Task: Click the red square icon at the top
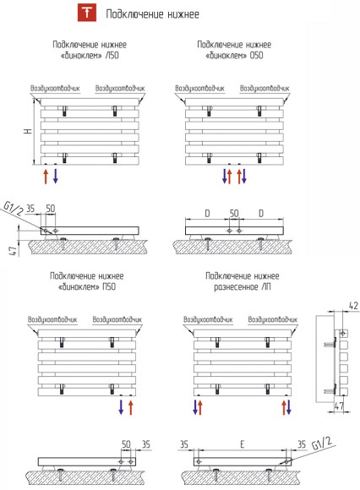(x=87, y=14)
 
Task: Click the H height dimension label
(x=28, y=131)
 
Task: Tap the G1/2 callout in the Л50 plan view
(x=14, y=209)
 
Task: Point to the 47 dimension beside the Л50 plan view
(x=13, y=250)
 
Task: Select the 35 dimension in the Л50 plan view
(x=30, y=209)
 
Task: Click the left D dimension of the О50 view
(x=207, y=214)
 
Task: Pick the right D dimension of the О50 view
(x=261, y=214)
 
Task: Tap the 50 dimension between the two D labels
(x=234, y=214)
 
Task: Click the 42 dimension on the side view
(x=353, y=306)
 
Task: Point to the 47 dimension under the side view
(x=340, y=406)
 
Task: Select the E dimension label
(x=243, y=444)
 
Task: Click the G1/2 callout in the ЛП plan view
(x=322, y=444)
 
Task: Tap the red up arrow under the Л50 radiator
(x=46, y=177)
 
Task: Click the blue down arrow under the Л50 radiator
(x=55, y=177)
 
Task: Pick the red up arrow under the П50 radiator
(x=131, y=407)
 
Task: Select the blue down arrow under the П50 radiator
(x=121, y=407)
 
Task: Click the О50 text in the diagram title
(x=256, y=56)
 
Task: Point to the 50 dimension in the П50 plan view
(x=126, y=444)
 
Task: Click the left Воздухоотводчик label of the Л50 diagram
(x=55, y=89)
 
